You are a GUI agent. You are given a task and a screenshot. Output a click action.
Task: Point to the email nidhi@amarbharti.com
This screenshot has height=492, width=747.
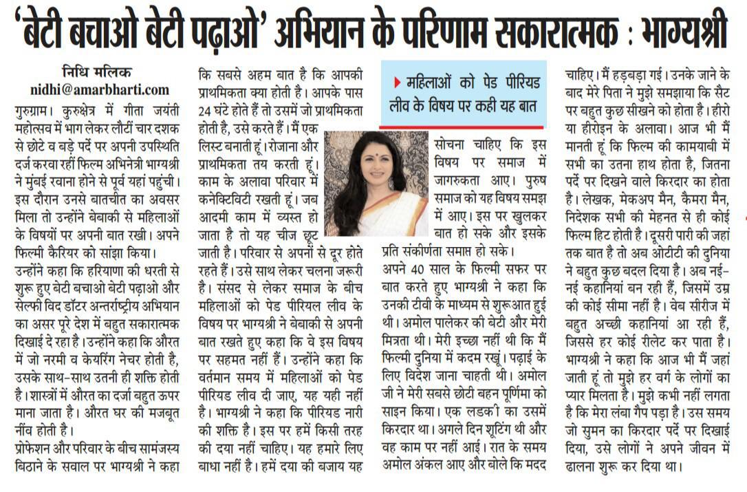pyautogui.click(x=100, y=89)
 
